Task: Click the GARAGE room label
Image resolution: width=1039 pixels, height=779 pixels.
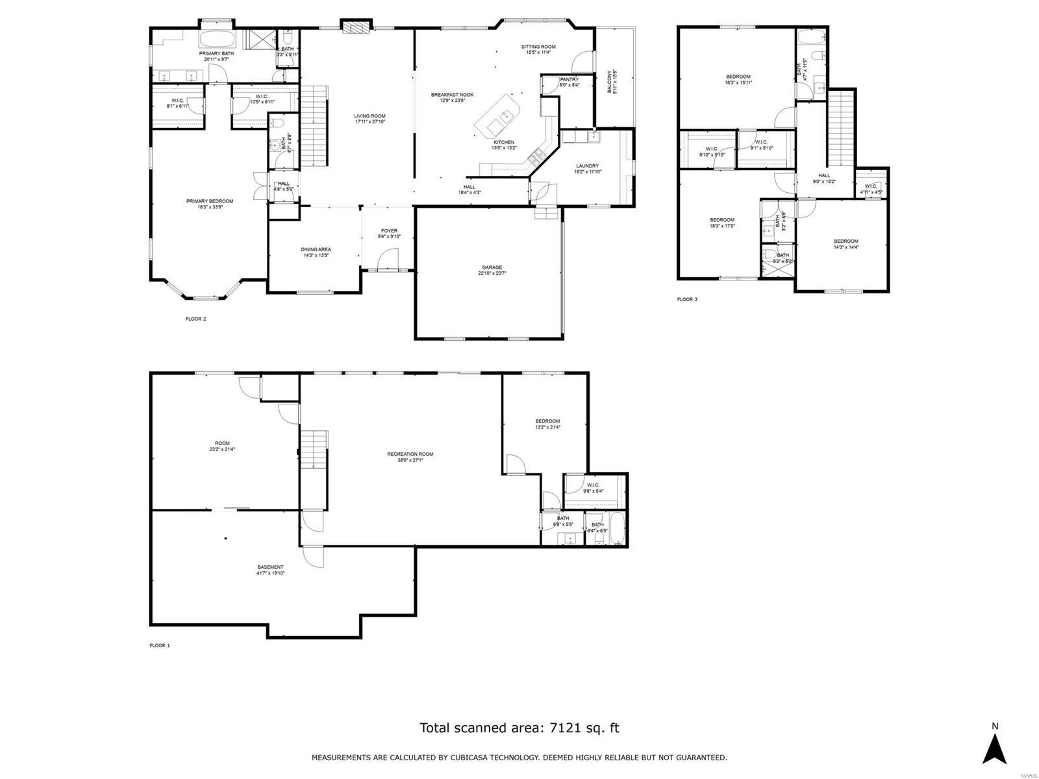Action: (492, 267)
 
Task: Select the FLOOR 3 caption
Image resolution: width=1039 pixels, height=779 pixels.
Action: (687, 299)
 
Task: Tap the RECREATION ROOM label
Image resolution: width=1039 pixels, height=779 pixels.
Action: (410, 454)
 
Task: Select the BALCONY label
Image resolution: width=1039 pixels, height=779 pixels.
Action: (610, 82)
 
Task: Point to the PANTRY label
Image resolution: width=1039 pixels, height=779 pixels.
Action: (569, 80)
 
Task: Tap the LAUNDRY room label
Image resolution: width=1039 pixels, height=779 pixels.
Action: (586, 166)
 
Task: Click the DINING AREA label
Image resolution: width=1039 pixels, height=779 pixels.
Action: (316, 249)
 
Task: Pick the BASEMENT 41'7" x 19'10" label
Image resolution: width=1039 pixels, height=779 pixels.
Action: (271, 567)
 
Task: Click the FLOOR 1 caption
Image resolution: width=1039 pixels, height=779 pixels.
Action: (160, 646)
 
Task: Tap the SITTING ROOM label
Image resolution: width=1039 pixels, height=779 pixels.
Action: (538, 47)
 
